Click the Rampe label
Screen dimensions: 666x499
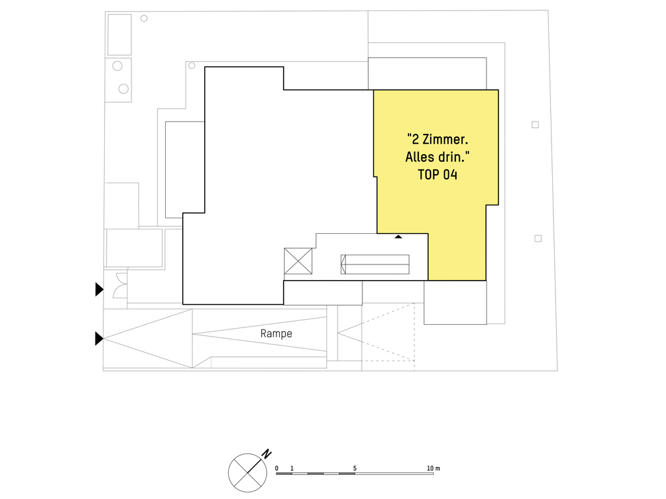pos(276,333)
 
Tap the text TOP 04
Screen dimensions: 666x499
pos(438,175)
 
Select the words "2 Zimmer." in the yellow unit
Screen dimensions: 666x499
pos(438,139)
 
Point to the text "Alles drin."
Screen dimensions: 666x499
pos(438,157)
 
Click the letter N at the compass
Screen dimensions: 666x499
pos(266,454)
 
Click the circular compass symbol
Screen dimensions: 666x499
pos(248,473)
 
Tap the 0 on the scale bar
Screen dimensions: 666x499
pos(276,468)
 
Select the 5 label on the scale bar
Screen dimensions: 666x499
pos(354,468)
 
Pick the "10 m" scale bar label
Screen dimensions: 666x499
pos(433,468)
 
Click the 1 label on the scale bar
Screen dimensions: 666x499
pos(292,468)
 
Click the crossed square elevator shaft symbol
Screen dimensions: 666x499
pos(298,261)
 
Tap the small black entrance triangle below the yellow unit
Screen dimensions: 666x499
pos(398,237)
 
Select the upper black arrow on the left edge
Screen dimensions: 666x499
pos(100,289)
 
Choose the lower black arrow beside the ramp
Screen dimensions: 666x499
pos(100,339)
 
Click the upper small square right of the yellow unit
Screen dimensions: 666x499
pos(535,125)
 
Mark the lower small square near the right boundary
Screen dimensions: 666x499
pos(538,238)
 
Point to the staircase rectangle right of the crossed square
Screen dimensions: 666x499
pos(375,264)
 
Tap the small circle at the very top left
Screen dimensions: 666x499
pos(144,19)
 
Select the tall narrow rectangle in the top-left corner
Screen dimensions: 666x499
pos(120,35)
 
